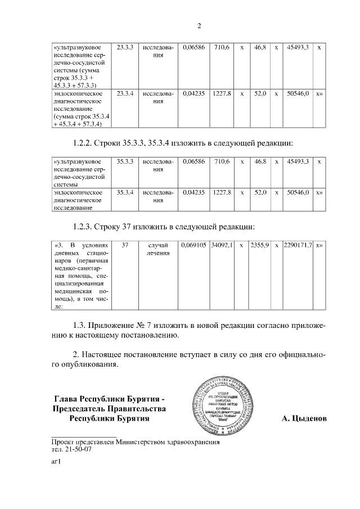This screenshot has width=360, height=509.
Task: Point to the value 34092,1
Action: click(222, 246)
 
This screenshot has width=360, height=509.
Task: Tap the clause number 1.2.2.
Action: click(85, 143)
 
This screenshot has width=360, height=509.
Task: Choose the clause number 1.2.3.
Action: click(85, 227)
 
